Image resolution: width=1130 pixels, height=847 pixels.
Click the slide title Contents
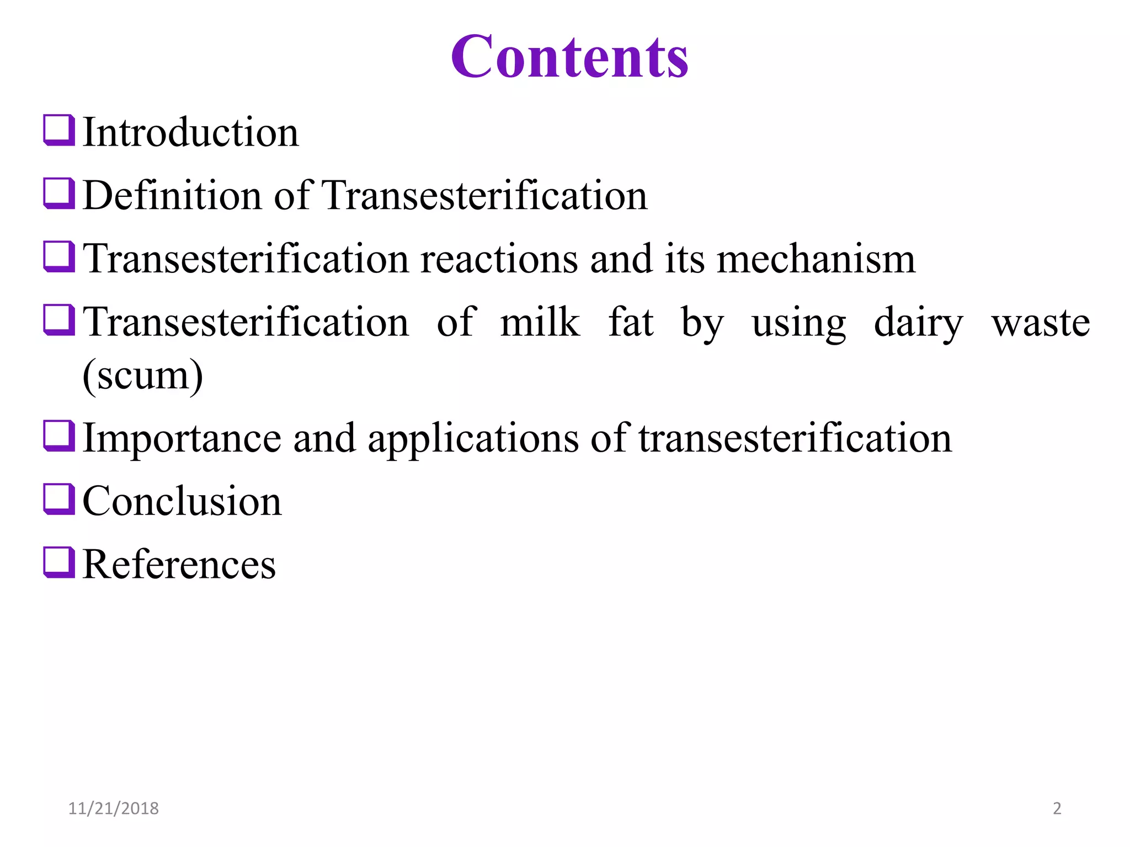(569, 57)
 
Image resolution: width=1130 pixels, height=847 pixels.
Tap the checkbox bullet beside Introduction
(59, 130)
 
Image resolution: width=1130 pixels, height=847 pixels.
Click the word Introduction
(190, 133)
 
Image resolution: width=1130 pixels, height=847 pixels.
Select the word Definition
(172, 196)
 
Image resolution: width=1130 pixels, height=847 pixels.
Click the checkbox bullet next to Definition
(59, 194)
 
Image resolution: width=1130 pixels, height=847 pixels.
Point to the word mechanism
(815, 259)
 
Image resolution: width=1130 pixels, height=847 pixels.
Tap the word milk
(540, 322)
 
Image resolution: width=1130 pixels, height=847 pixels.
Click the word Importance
(182, 439)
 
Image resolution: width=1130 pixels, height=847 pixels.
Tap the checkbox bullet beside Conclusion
(59, 499)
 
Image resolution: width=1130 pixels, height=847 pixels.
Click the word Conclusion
(182, 502)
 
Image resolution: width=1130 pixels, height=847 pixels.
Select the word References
(179, 565)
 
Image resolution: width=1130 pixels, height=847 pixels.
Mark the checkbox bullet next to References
(59, 562)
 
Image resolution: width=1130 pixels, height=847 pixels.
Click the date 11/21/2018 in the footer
(113, 808)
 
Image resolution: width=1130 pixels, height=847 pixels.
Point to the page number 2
(1057, 808)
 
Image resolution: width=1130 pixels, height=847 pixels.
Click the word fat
(631, 322)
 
